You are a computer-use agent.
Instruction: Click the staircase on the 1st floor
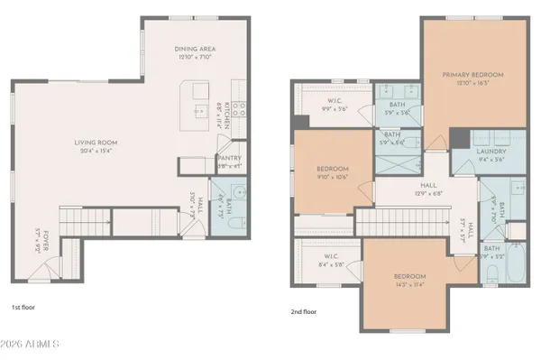coord(87,219)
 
